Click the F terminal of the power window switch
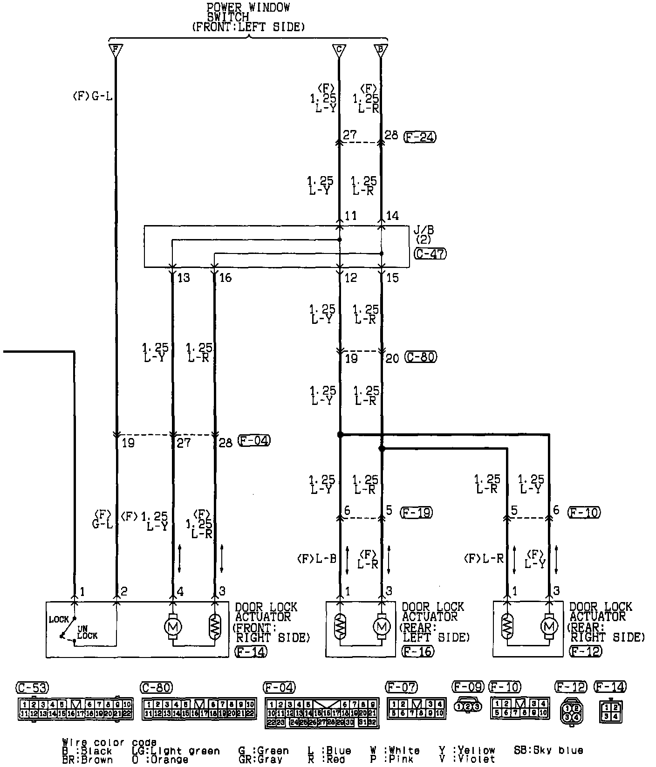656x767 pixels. point(115,49)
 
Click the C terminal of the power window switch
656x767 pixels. point(339,49)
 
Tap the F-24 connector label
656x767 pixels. point(420,137)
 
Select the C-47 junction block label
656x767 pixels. point(430,253)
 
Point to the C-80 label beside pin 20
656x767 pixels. point(421,357)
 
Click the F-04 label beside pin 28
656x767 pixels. point(254,441)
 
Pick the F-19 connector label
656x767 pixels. point(416,513)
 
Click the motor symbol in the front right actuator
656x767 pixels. point(173,627)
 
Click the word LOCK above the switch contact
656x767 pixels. point(59,619)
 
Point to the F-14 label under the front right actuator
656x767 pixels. point(252,651)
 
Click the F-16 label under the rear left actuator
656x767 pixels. point(417,651)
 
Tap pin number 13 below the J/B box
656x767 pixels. point(184,278)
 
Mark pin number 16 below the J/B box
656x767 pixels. point(225,278)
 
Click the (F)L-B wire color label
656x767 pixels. point(316,559)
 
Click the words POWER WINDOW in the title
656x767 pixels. point(248,7)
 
